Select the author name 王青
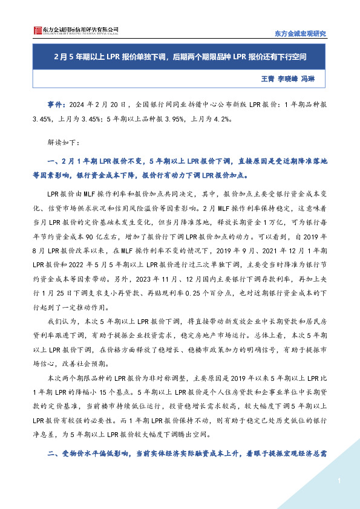pos(267,79)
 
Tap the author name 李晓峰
pos(288,79)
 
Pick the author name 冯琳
pos(309,79)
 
